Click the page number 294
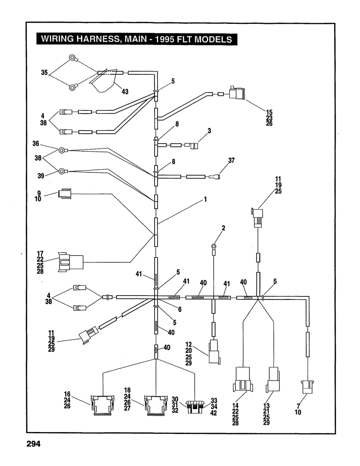click(x=33, y=444)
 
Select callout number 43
click(x=125, y=92)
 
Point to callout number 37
click(x=232, y=161)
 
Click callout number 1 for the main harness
click(x=205, y=199)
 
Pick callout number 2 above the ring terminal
click(x=224, y=228)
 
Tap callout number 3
click(x=209, y=131)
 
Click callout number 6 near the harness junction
click(x=180, y=309)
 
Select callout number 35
click(x=45, y=72)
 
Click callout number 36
click(x=36, y=143)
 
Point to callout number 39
click(x=41, y=176)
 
